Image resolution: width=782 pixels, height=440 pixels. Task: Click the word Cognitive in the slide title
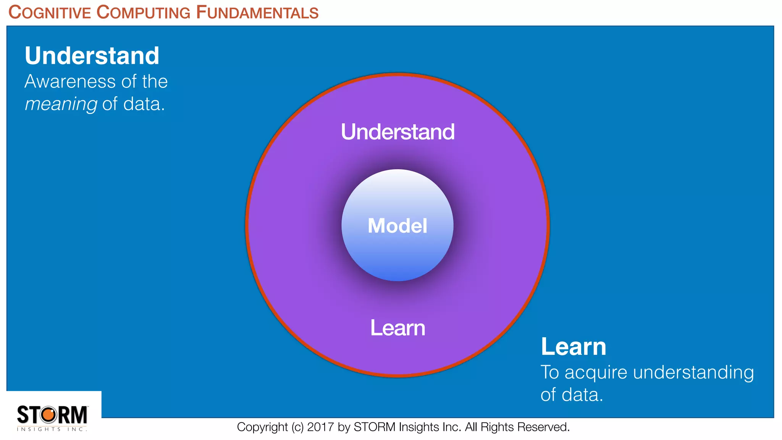click(50, 13)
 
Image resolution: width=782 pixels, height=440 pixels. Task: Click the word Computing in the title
click(143, 13)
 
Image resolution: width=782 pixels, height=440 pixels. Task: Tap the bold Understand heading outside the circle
click(92, 56)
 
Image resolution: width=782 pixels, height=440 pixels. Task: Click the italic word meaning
click(61, 104)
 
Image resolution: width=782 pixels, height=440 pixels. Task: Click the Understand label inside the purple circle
click(397, 132)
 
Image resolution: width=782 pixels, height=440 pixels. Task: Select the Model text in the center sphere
click(397, 225)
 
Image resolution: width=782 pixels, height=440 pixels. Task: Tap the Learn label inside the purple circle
click(397, 328)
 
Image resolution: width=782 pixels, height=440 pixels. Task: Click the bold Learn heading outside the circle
click(573, 347)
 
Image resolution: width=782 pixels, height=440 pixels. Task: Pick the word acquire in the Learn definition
click(596, 372)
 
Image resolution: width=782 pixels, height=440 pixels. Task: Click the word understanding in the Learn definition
click(693, 372)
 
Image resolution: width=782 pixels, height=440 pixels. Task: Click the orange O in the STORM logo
click(48, 414)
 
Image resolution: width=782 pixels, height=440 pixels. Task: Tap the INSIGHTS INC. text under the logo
click(52, 429)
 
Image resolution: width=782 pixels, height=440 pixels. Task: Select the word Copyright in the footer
click(262, 427)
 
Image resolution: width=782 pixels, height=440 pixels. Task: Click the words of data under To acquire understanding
click(572, 395)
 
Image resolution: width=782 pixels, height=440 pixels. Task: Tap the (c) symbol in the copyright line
click(297, 427)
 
